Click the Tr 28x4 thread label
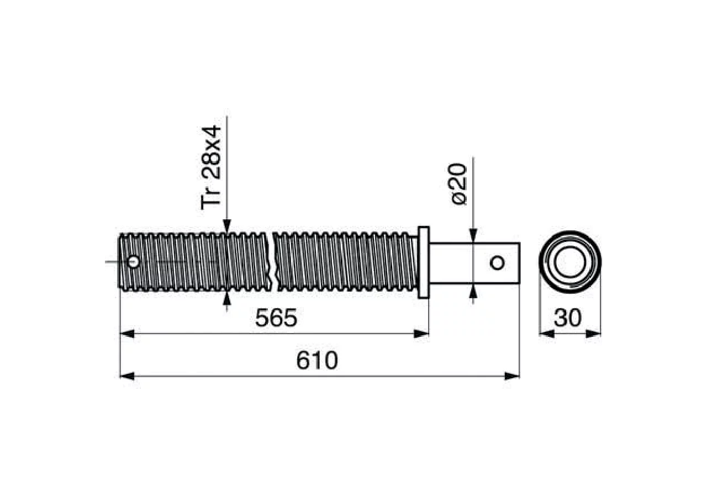[211, 167]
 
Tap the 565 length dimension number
[276, 318]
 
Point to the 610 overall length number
[317, 361]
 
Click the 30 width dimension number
[567, 318]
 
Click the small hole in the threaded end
[133, 262]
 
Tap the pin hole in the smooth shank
[497, 262]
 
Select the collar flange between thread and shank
[424, 262]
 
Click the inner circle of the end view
[569, 262]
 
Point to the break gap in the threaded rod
[273, 262]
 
